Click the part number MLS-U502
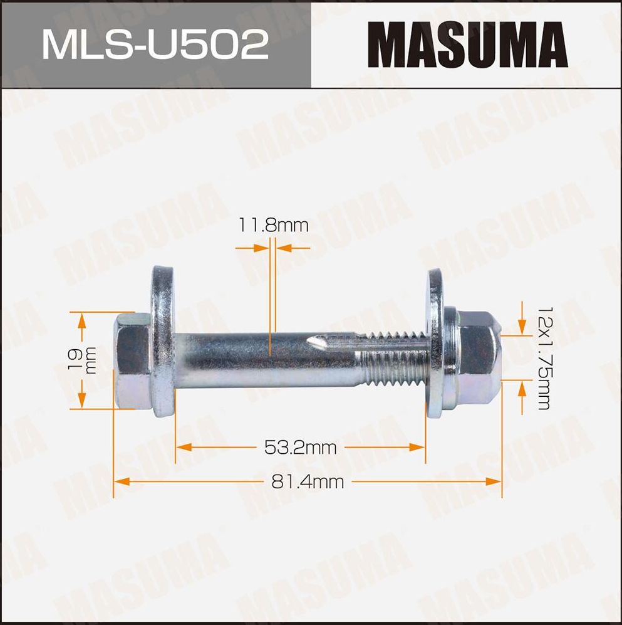155,45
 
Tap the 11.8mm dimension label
273,225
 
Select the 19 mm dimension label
81,360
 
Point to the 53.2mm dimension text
300,448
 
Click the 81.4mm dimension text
308,481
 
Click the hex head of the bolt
132,360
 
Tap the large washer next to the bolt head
163,342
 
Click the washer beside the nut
435,345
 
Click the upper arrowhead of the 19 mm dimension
82,320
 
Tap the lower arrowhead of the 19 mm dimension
82,401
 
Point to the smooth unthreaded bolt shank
251,360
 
